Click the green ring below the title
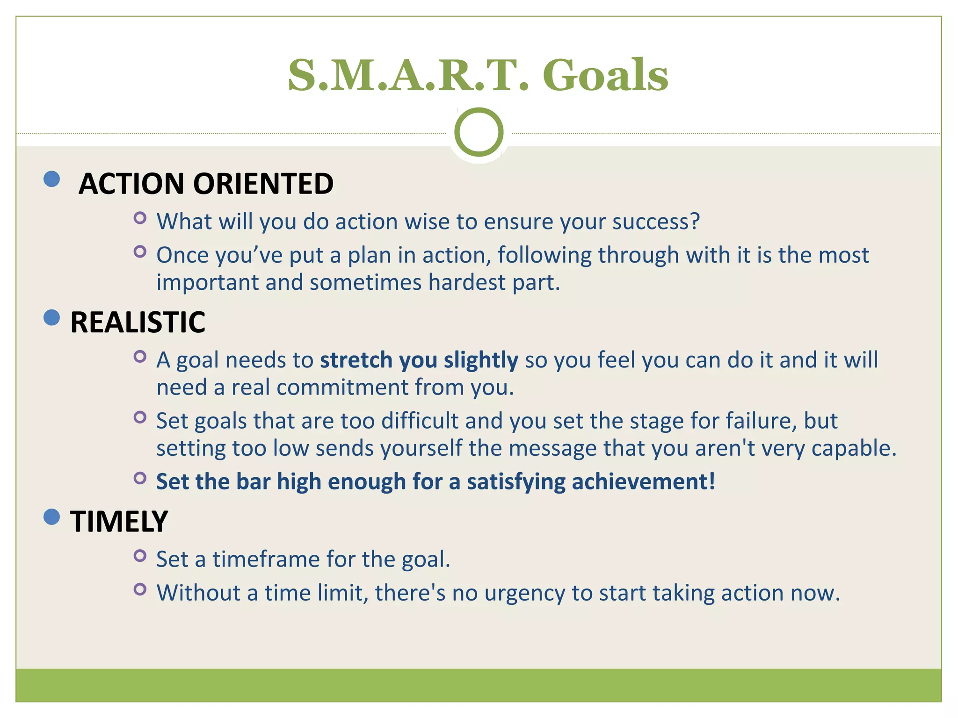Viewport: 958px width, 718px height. click(x=479, y=132)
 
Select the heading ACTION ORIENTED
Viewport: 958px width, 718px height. click(x=206, y=183)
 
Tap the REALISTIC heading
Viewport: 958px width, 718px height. click(x=138, y=323)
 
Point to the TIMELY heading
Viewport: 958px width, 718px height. click(x=119, y=522)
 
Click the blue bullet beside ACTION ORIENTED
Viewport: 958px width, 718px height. click(x=51, y=179)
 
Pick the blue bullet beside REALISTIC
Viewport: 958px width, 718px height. click(x=51, y=318)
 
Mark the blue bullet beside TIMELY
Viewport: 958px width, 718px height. click(x=51, y=517)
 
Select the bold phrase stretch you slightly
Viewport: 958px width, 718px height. click(x=419, y=360)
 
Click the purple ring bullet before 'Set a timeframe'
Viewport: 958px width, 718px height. click(x=140, y=556)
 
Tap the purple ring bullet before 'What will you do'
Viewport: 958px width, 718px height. click(x=140, y=218)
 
